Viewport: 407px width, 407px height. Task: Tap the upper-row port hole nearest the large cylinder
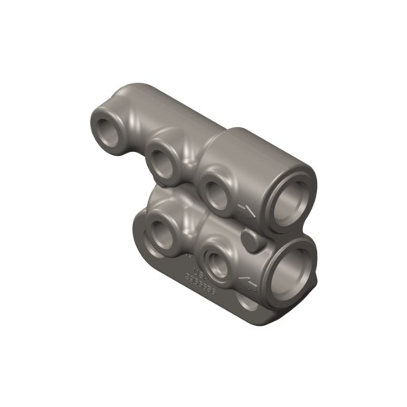coord(215,189)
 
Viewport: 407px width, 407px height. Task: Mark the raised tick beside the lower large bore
coord(248,280)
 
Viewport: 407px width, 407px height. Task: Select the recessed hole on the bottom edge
coord(249,303)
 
